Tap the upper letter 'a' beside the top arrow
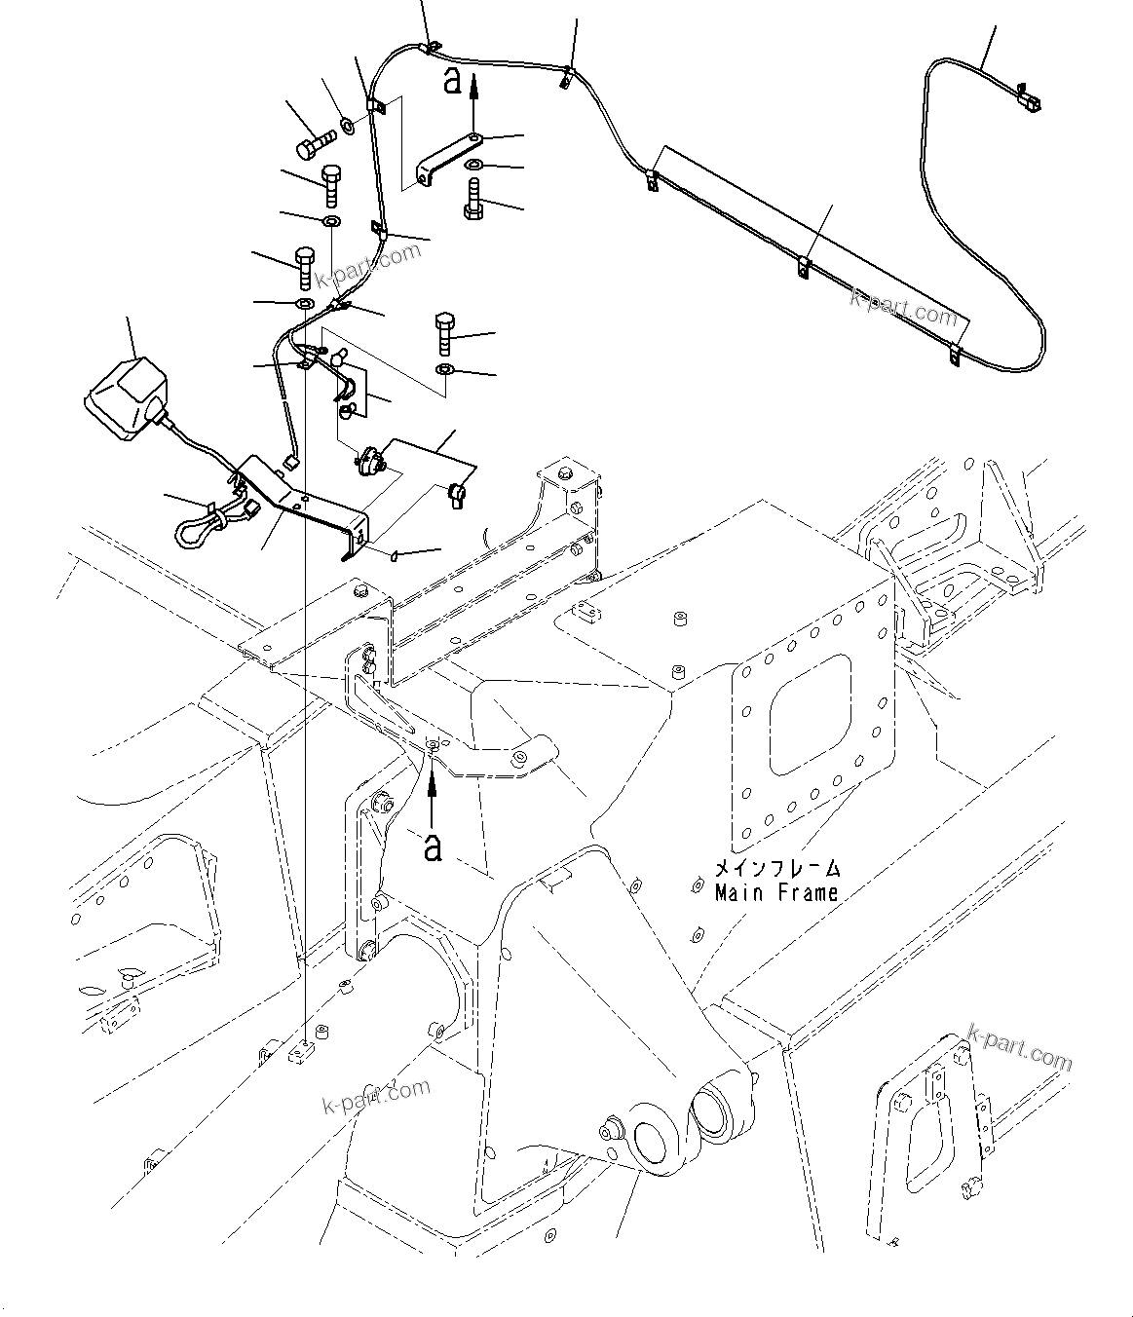pos(451,81)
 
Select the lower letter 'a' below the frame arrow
pos(433,846)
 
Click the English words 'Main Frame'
pos(776,892)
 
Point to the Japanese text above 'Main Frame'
pos(776,868)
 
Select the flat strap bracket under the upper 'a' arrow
pos(446,159)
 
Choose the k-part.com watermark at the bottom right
pos(1019,1048)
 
